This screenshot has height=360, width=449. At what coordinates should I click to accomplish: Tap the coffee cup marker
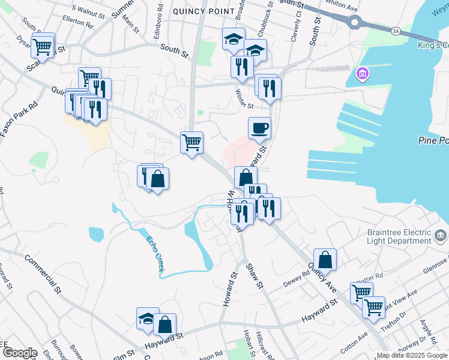259,128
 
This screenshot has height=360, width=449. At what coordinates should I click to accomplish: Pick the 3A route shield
395,30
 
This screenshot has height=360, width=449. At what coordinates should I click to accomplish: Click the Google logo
19,353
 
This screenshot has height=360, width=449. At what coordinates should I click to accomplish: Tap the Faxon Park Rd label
18,118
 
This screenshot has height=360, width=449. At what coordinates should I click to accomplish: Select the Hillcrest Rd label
264,346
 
